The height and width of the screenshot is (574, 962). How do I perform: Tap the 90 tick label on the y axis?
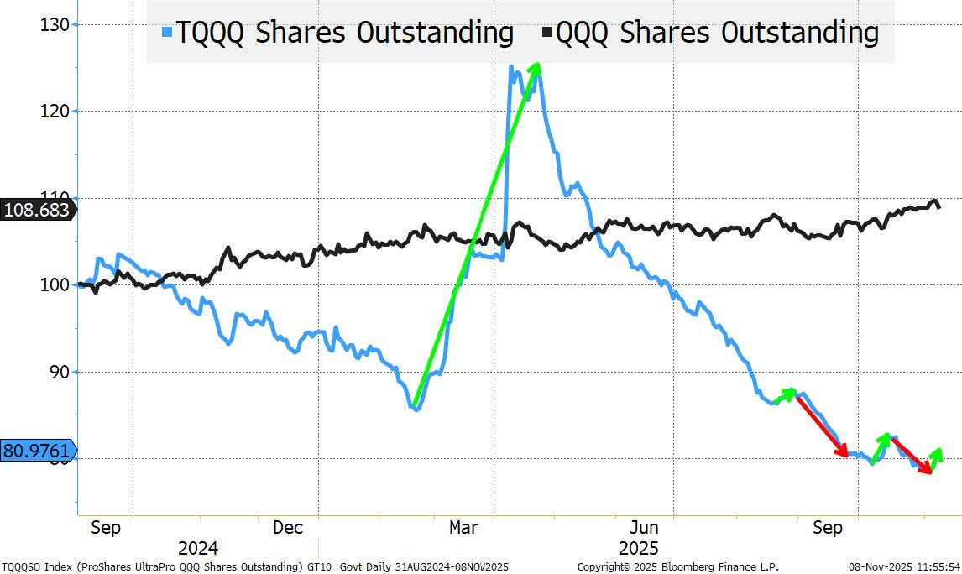(x=58, y=372)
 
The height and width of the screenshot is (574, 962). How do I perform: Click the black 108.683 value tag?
(x=37, y=210)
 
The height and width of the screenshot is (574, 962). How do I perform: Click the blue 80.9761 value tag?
(x=37, y=451)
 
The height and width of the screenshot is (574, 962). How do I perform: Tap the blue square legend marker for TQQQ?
(x=166, y=33)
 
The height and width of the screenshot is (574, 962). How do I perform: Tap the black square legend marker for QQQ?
(x=547, y=33)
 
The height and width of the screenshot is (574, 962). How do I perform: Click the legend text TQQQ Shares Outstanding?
(x=343, y=33)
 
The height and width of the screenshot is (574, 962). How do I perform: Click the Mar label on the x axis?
(x=463, y=528)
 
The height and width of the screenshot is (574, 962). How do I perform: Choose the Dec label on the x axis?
(x=288, y=528)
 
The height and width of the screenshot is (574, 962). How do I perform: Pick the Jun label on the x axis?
(x=644, y=528)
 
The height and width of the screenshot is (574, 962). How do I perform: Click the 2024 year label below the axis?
(x=198, y=549)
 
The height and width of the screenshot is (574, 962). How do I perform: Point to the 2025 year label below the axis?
(x=638, y=549)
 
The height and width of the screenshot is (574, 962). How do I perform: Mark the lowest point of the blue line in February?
(x=416, y=409)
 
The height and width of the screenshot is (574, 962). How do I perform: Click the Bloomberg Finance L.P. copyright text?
(x=678, y=567)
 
